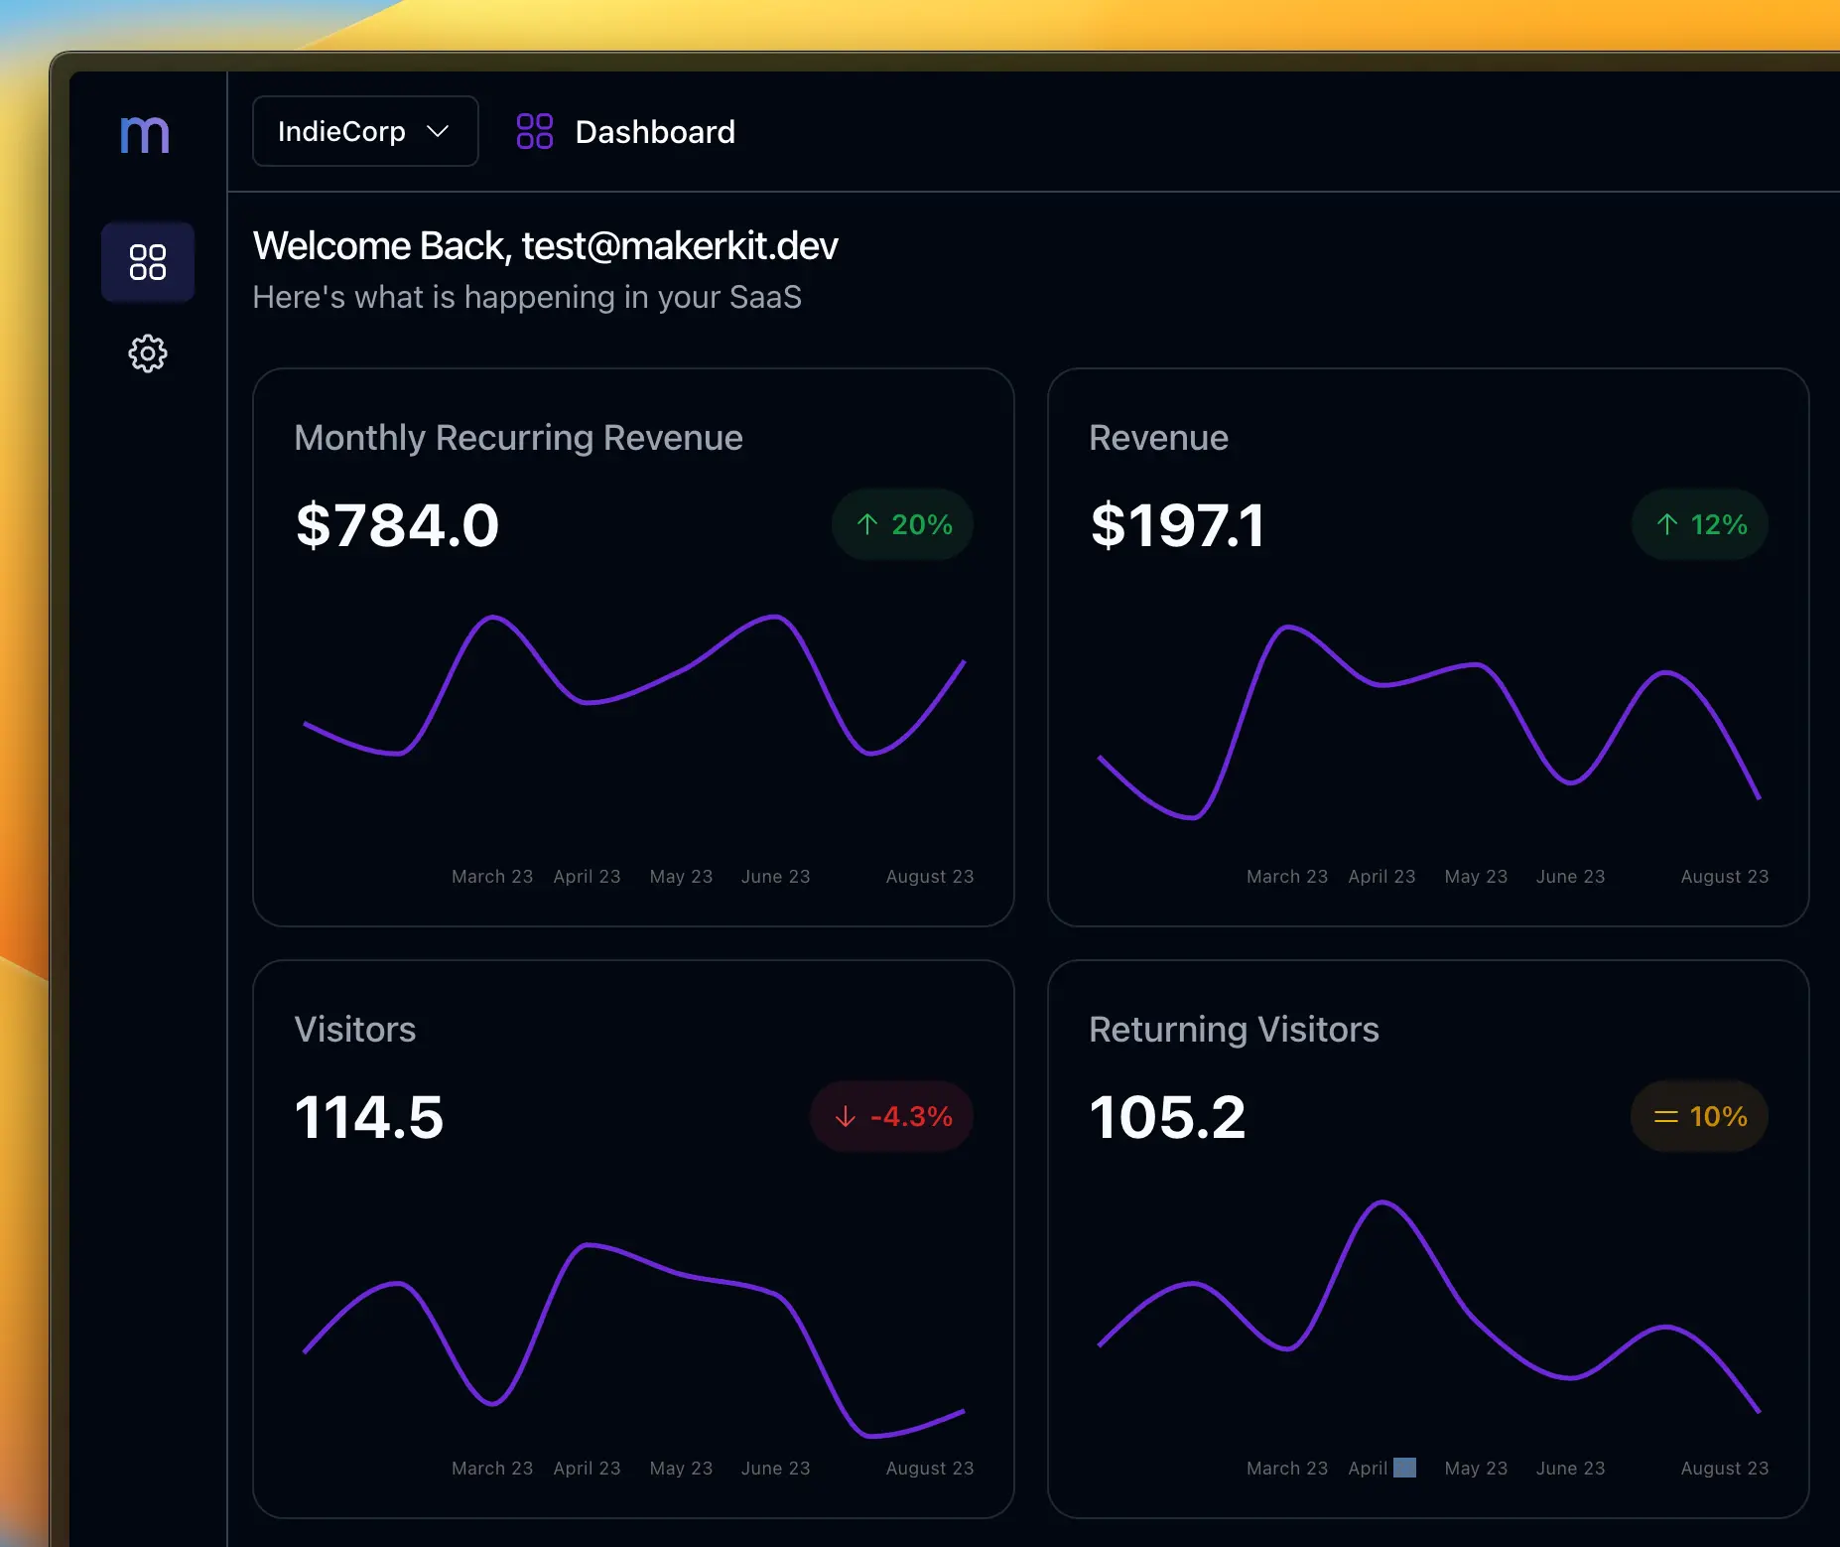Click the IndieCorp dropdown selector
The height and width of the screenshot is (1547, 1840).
click(x=364, y=131)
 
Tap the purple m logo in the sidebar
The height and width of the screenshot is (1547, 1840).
click(x=145, y=134)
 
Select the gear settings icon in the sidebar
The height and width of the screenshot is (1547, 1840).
click(x=148, y=353)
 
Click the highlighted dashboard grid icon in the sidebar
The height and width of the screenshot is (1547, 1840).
click(x=148, y=262)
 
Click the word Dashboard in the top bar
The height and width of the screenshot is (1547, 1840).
click(x=655, y=132)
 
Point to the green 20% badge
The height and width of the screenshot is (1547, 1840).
click(x=902, y=524)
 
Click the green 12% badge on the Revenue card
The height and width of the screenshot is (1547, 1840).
click(x=1699, y=524)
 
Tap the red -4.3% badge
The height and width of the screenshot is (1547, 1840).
click(x=892, y=1116)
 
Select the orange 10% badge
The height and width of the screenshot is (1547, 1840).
click(x=1699, y=1116)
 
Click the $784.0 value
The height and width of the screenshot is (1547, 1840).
click(x=397, y=525)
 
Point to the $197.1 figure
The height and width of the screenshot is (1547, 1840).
click(x=1177, y=525)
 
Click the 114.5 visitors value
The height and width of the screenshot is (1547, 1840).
click(x=369, y=1117)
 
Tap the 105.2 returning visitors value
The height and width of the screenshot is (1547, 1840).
click(x=1167, y=1117)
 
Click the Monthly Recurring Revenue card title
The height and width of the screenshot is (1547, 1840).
click(x=518, y=438)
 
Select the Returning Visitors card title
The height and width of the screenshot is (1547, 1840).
click(x=1234, y=1030)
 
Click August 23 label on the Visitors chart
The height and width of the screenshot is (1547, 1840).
click(x=929, y=1468)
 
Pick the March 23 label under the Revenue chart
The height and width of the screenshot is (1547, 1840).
click(x=1286, y=877)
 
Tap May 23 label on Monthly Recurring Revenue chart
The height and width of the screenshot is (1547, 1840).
click(x=681, y=877)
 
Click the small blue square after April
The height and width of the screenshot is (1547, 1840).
click(x=1404, y=1468)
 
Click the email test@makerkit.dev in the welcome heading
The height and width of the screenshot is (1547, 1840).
click(x=680, y=246)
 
